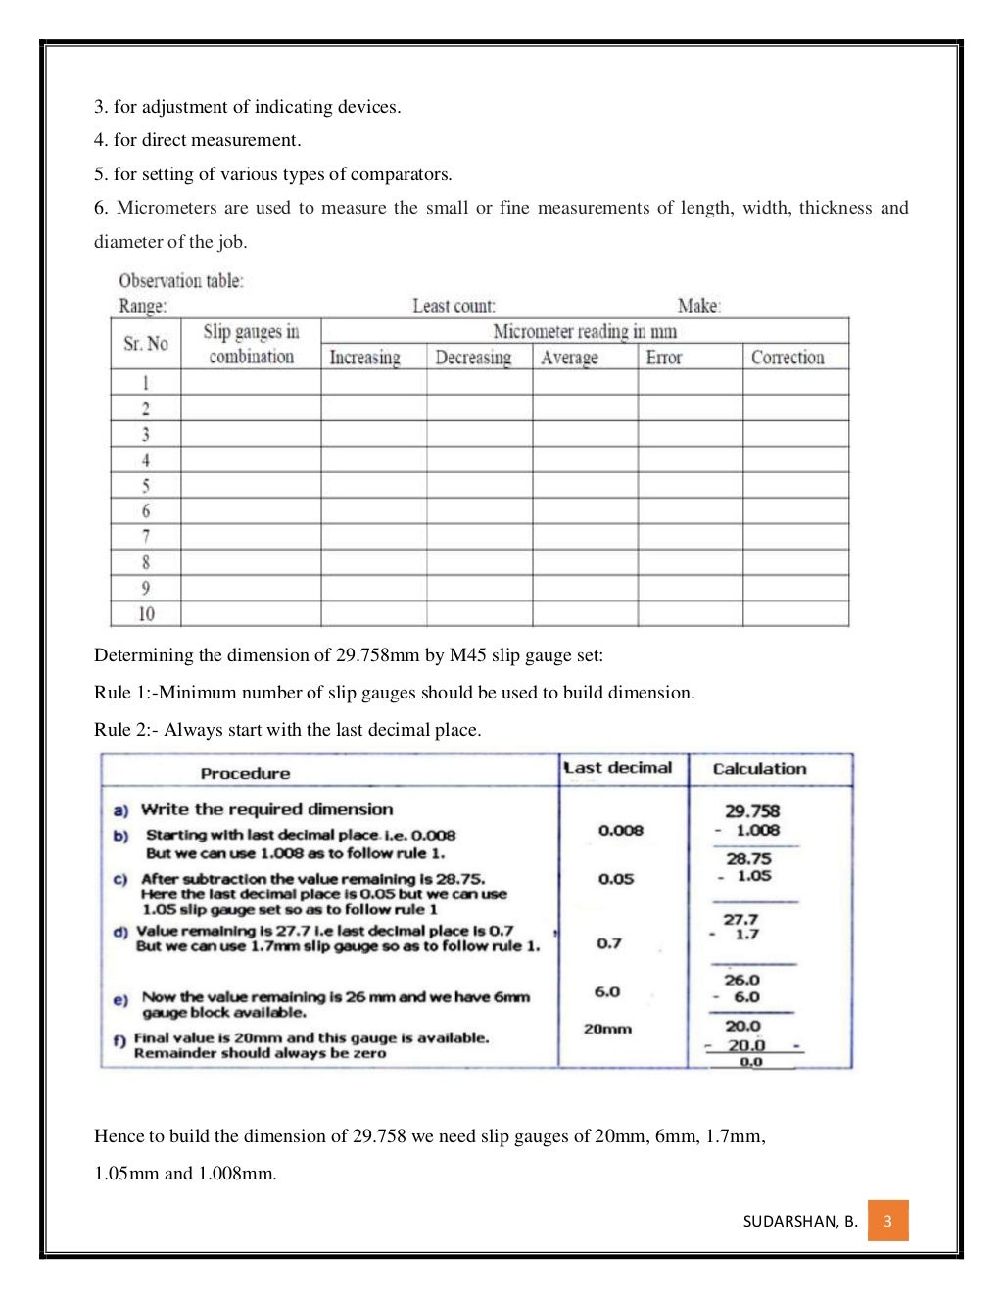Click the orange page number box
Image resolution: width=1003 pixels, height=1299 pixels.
[887, 1221]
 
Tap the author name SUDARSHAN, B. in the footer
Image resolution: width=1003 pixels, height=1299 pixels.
[800, 1221]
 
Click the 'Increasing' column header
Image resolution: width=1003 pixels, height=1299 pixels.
[364, 358]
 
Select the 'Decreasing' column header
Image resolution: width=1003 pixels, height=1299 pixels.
[473, 358]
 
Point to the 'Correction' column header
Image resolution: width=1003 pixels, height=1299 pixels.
[788, 358]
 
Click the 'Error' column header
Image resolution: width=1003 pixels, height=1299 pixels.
[663, 358]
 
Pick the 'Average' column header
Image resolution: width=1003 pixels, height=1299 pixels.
[569, 358]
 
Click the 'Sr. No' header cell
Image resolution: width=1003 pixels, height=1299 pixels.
[146, 344]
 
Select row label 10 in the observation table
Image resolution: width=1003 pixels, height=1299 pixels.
[146, 614]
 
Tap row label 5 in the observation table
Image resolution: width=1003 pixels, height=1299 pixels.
[146, 486]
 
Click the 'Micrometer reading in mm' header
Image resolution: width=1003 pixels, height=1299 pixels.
[584, 331]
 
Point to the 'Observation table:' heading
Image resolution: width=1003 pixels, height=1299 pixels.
[181, 281]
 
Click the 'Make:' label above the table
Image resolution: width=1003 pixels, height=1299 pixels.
[699, 306]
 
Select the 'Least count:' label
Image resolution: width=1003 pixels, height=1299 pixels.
[454, 306]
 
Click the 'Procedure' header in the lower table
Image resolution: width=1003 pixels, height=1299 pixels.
[245, 773]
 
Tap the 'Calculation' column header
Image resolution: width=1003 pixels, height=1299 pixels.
[759, 769]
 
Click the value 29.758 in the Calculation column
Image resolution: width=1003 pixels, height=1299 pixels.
[752, 810]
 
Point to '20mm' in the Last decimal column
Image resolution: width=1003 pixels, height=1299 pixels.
[607, 1029]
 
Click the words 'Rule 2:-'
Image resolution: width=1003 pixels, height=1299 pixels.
[126, 730]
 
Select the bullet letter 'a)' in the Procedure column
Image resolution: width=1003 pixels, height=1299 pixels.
[120, 810]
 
